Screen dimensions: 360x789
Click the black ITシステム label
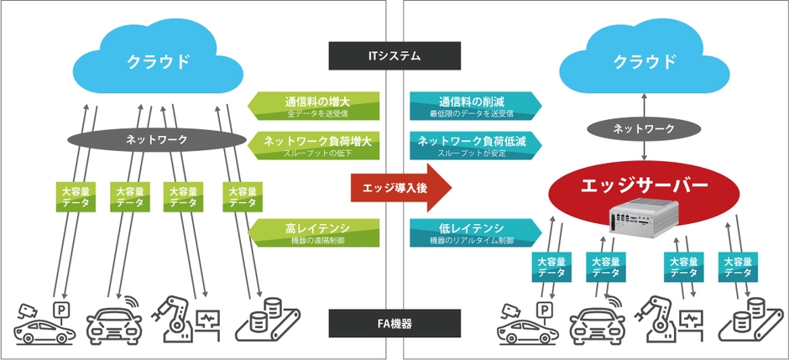click(x=394, y=56)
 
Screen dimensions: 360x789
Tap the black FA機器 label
click(x=394, y=322)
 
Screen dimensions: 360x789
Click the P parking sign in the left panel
click(x=60, y=310)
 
